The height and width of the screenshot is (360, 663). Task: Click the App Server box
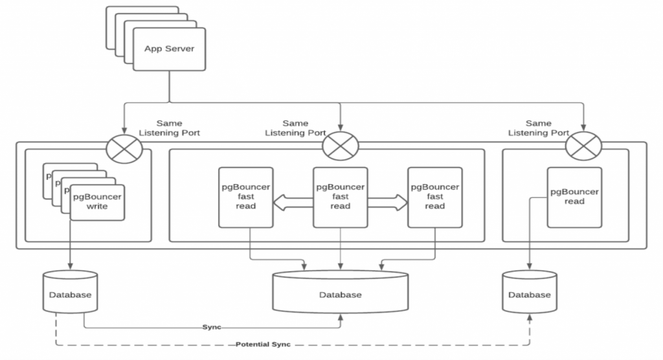click(x=169, y=49)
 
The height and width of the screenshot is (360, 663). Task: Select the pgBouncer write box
click(x=97, y=201)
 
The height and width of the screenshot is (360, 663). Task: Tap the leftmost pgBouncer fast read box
click(x=245, y=197)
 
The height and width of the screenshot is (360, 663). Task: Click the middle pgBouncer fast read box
click(x=340, y=197)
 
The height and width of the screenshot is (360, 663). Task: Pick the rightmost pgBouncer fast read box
click(x=434, y=197)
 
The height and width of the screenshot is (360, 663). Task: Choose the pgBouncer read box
click(x=574, y=197)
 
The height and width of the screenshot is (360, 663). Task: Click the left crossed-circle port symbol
click(x=122, y=141)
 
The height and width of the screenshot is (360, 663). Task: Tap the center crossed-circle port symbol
click(x=340, y=144)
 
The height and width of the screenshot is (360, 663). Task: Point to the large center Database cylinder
click(x=340, y=295)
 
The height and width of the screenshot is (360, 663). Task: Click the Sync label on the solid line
click(x=212, y=328)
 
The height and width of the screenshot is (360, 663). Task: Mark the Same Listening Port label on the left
click(x=170, y=128)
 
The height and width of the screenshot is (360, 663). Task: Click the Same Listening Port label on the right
click(x=539, y=128)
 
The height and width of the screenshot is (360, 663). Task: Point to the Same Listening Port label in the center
click(x=296, y=128)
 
